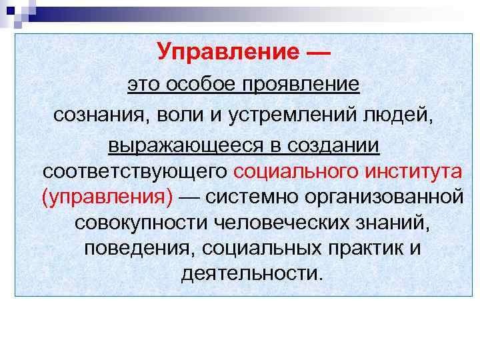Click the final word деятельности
coord(251,273)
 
